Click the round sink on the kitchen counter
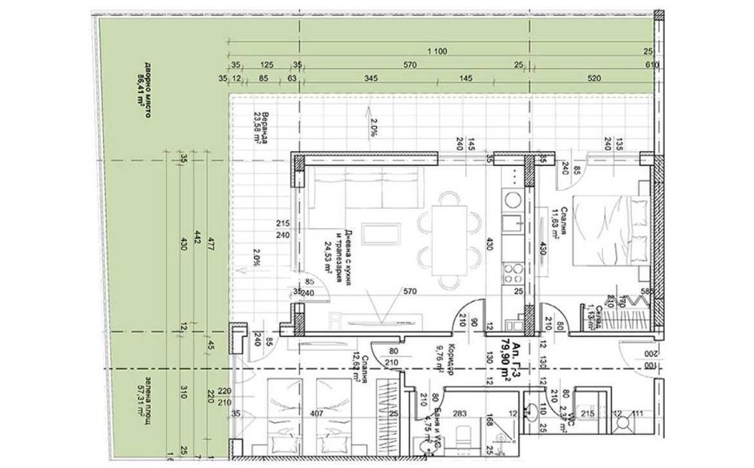[513, 201]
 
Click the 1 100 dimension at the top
[434, 51]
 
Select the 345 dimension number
[371, 78]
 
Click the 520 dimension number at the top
[593, 78]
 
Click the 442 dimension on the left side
[195, 241]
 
